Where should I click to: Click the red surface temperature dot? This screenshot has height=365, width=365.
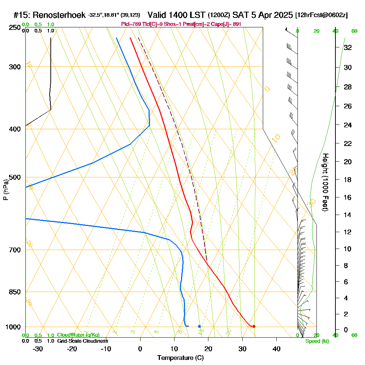[x=254, y=326]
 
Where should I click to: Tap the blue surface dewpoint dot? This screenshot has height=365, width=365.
[x=199, y=326]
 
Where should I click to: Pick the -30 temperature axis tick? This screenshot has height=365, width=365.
[x=38, y=349]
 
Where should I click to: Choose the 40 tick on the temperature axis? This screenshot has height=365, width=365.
[x=276, y=349]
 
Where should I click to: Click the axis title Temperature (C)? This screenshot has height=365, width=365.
[x=180, y=358]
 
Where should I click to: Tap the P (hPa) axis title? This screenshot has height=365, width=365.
[x=5, y=190]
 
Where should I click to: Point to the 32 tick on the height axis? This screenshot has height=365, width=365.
[x=347, y=47]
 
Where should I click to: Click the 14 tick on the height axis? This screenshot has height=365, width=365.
[x=347, y=215]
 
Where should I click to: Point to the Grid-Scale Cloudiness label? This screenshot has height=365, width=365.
[x=82, y=341]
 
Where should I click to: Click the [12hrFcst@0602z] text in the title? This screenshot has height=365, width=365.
[x=322, y=15]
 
